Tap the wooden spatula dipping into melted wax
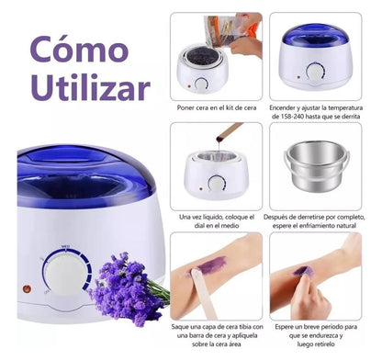pyautogui.click(x=227, y=137)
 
